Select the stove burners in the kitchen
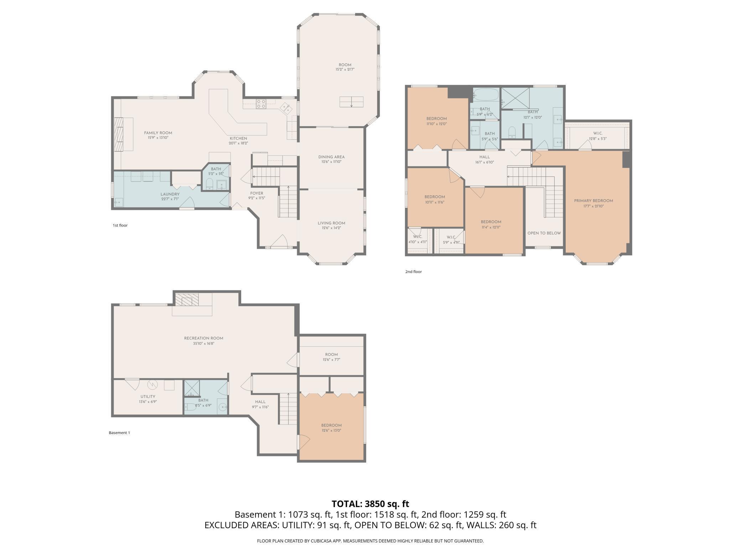[261, 104]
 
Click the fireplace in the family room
[119, 134]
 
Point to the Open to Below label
[544, 233]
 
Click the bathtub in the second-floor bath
[486, 94]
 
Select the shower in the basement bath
[192, 389]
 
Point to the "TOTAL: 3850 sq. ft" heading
[370, 504]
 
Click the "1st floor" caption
[120, 225]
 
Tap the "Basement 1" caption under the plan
[119, 433]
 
